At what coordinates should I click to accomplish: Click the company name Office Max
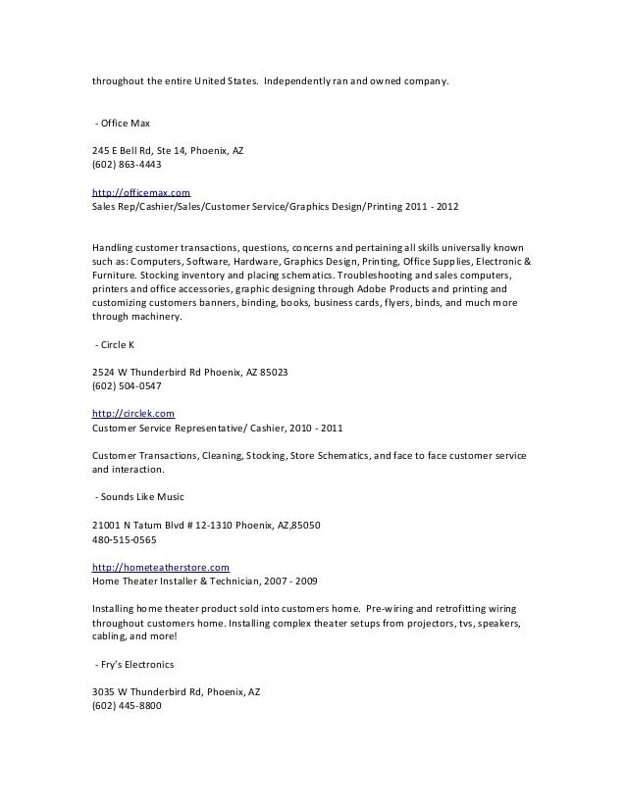click(x=125, y=123)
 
